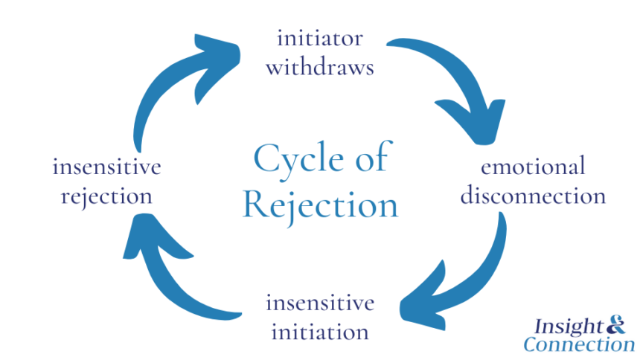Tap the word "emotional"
[x=532, y=166]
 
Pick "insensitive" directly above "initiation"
[x=319, y=303]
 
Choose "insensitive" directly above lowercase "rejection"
[x=106, y=166]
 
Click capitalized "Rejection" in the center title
[x=320, y=204]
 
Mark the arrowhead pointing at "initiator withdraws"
[x=220, y=51]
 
